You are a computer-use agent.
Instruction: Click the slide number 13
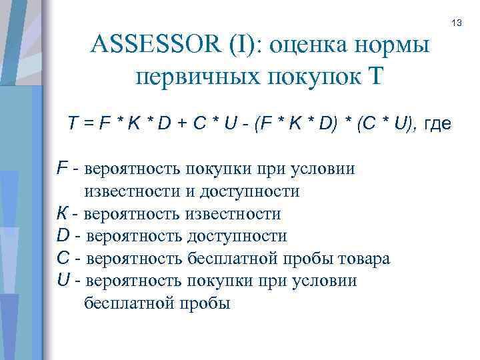click(457, 24)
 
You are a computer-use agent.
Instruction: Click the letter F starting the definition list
click(61, 168)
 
